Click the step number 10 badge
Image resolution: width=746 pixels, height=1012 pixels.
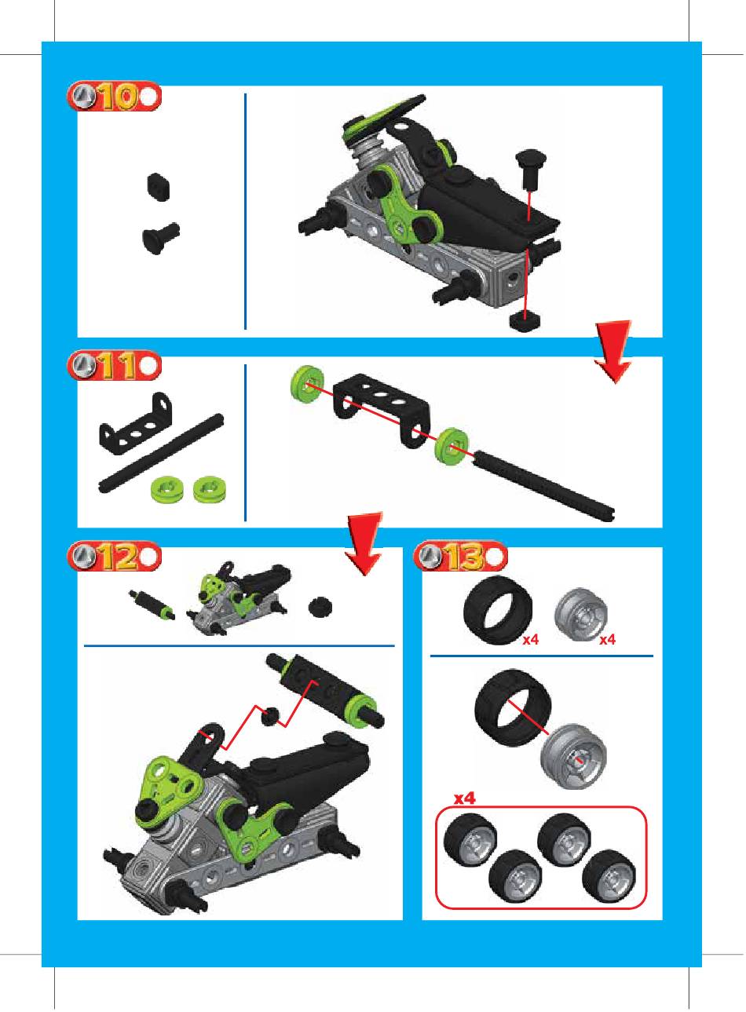tap(115, 97)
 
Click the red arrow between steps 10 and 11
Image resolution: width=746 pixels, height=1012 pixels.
tap(613, 351)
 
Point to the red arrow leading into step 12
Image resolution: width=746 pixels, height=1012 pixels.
tap(364, 543)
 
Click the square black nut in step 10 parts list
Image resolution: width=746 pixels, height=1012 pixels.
tap(159, 187)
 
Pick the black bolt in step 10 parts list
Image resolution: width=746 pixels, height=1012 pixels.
tap(161, 239)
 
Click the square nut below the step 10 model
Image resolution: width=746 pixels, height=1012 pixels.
tap(526, 321)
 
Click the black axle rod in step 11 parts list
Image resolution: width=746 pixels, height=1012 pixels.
tap(161, 453)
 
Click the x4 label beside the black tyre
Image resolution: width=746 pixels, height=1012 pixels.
tap(531, 639)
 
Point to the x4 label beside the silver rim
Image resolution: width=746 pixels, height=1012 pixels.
tap(607, 639)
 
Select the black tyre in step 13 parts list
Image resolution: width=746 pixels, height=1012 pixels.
tap(498, 610)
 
